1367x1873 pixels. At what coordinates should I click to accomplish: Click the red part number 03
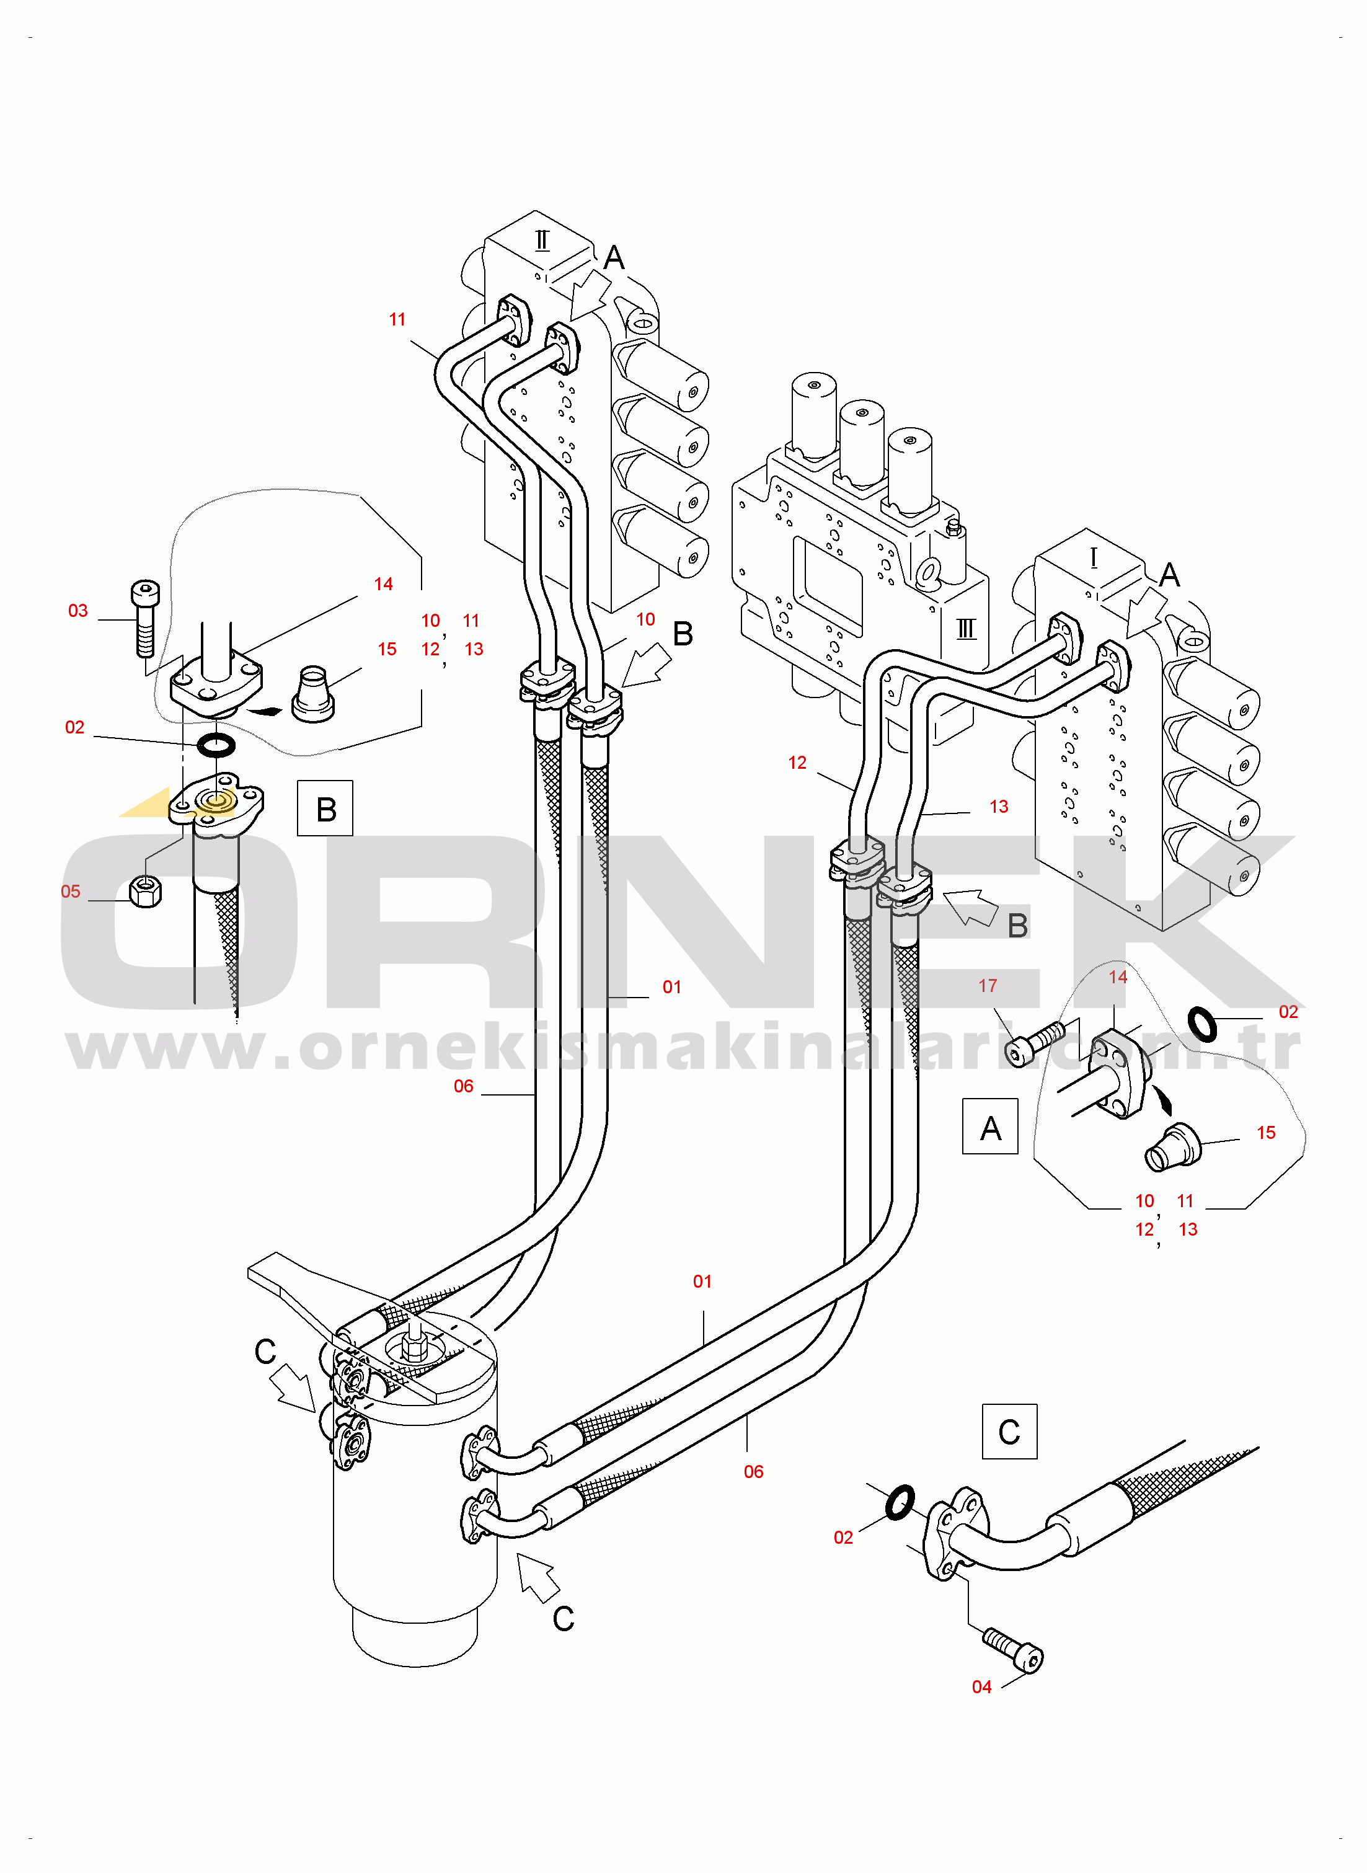coord(77,611)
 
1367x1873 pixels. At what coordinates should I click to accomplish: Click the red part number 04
coord(981,1687)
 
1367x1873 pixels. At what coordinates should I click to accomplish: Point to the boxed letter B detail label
coord(325,808)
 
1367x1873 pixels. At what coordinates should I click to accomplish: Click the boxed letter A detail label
coord(991,1126)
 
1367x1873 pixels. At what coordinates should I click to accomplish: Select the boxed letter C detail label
coord(1009,1431)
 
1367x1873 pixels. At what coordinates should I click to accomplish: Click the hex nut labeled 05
coord(146,891)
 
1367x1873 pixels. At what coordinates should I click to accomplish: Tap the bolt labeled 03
coord(145,618)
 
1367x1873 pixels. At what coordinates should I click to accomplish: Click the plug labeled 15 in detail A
coord(1172,1146)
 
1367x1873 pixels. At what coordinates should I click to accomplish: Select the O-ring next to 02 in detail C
coord(900,1502)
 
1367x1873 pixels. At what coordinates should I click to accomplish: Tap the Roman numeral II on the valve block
coord(542,240)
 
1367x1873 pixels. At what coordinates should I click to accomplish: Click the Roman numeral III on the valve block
coord(967,628)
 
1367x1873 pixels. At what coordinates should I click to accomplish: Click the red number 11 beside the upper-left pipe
coord(397,319)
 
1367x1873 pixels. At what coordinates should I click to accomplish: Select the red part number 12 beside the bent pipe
coord(797,763)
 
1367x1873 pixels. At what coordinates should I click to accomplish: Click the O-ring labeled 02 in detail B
coord(216,745)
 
